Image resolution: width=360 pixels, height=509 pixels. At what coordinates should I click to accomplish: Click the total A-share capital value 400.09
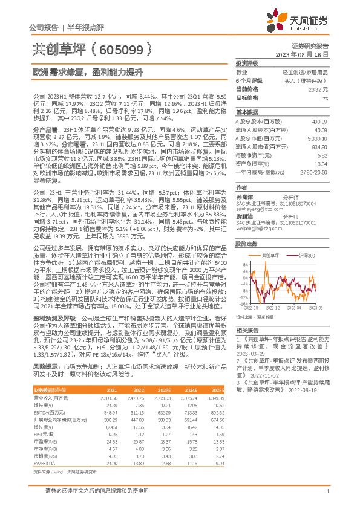click(319, 121)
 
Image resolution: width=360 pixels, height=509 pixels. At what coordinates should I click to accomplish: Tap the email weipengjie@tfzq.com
click(257, 229)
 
